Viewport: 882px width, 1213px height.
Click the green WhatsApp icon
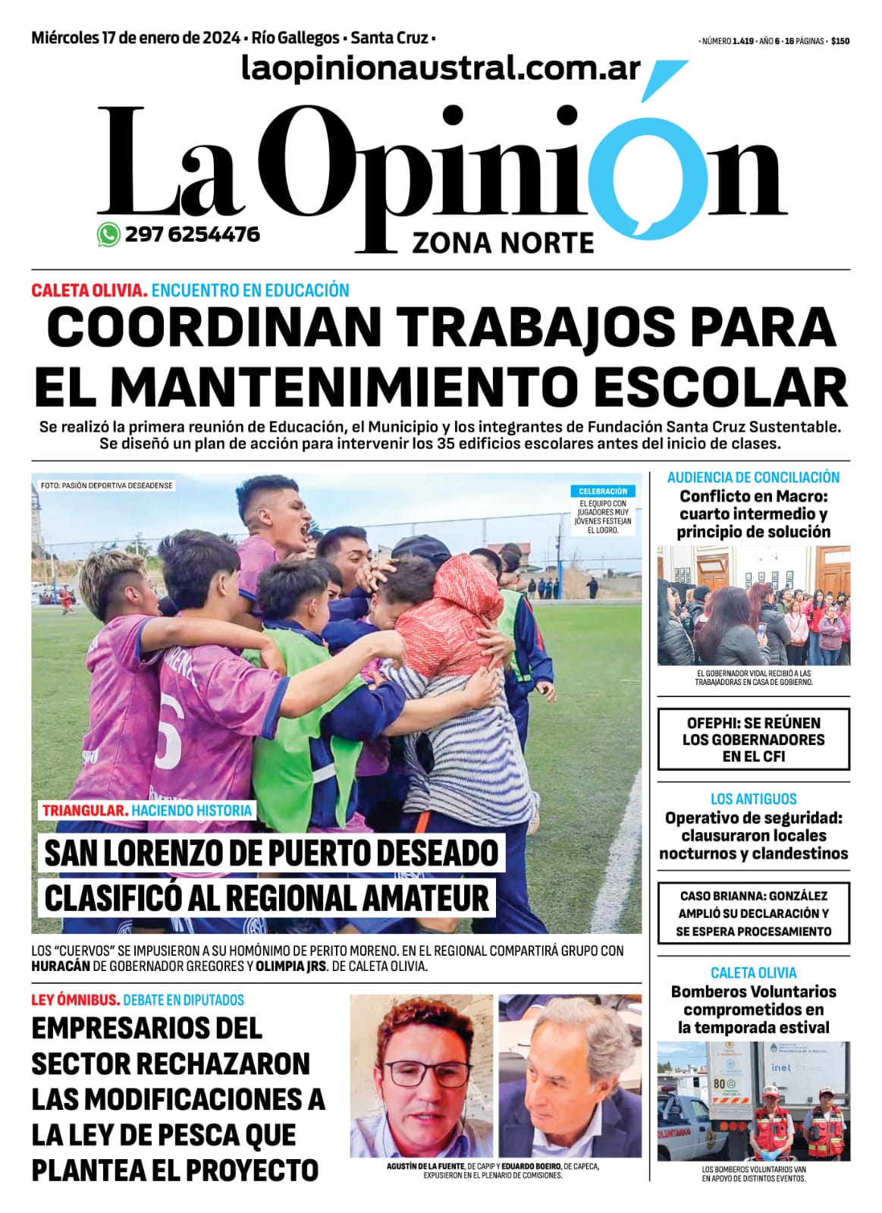point(108,235)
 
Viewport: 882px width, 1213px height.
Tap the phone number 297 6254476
point(193,234)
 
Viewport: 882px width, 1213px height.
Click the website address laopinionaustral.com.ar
point(441,69)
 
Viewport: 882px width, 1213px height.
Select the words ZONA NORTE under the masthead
point(503,244)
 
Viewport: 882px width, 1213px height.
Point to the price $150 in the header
point(840,42)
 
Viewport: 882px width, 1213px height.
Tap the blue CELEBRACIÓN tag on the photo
point(603,492)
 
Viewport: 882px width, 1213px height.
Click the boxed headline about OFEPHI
point(753,740)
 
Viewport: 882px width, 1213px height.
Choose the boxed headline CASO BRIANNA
point(753,913)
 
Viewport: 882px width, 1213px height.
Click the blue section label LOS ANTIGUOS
point(753,799)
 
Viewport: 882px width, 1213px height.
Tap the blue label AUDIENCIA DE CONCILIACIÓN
point(753,477)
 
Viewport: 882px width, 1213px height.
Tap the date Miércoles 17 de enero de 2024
point(137,38)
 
